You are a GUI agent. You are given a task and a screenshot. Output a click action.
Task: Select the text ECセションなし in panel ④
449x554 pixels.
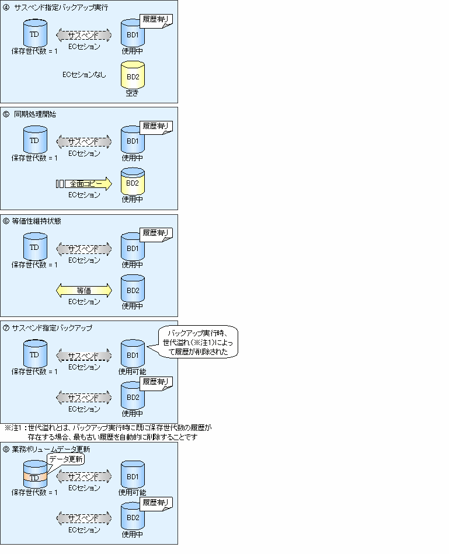point(84,74)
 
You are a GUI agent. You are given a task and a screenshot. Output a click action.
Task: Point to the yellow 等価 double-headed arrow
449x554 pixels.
point(84,290)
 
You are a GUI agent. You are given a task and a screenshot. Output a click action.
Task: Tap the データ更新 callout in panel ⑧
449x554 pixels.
point(65,459)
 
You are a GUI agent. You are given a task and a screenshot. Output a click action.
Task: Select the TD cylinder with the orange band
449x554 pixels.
point(34,475)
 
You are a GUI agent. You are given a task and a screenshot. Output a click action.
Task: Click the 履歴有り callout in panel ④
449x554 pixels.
point(156,20)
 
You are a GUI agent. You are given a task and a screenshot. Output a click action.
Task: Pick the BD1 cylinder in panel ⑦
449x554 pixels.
point(133,354)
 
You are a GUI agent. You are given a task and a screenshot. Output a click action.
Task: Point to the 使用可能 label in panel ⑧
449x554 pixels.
point(133,492)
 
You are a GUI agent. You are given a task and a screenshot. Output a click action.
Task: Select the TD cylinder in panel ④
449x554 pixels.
point(34,34)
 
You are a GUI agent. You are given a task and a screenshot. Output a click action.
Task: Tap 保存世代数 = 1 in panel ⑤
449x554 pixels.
point(34,158)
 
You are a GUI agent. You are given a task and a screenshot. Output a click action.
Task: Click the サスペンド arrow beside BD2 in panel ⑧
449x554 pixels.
point(83,518)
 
